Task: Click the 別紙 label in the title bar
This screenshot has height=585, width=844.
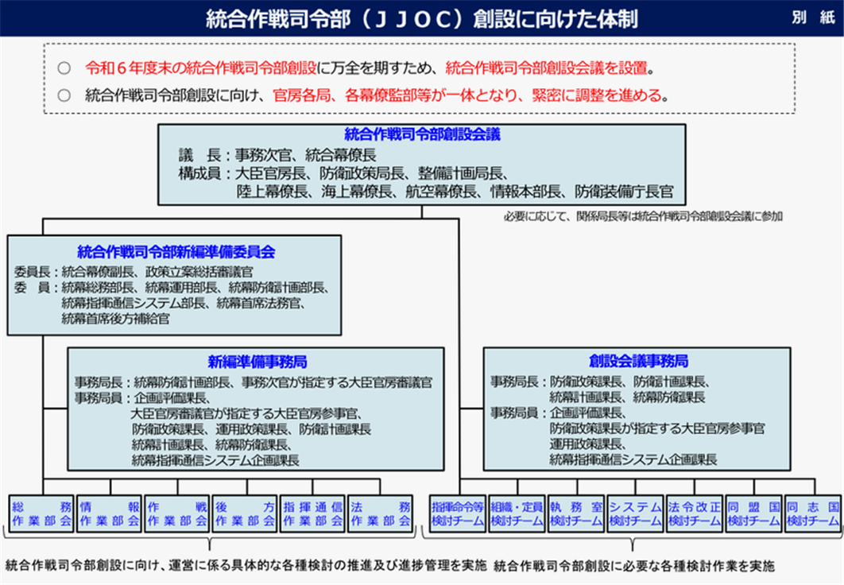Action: [813, 17]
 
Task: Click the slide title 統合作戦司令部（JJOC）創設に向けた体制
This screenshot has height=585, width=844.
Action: [421, 19]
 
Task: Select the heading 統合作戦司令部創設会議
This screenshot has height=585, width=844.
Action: [422, 134]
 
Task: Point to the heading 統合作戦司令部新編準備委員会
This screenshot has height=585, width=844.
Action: [176, 251]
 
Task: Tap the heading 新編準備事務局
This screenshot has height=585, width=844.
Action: [257, 361]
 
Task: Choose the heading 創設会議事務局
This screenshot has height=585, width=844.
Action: [638, 361]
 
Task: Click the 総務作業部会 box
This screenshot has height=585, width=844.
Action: [41, 514]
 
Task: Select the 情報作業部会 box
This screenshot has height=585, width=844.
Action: [109, 514]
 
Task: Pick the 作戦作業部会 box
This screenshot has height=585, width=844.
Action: [177, 514]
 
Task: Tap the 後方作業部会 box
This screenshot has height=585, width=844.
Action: [245, 514]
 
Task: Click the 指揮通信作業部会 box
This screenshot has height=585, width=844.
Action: [313, 514]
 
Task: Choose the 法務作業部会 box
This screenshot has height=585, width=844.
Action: [381, 514]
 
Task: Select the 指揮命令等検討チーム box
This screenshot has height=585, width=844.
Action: [458, 514]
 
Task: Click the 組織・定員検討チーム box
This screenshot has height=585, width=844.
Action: [517, 514]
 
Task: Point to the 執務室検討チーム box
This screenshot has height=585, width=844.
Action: [576, 514]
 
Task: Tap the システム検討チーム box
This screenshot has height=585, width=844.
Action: [635, 514]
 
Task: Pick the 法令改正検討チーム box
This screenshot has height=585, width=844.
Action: [695, 514]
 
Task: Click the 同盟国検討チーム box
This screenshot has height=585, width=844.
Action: [753, 514]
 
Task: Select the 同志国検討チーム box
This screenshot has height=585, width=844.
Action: [813, 514]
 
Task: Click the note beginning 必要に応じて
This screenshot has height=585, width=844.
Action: [643, 216]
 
